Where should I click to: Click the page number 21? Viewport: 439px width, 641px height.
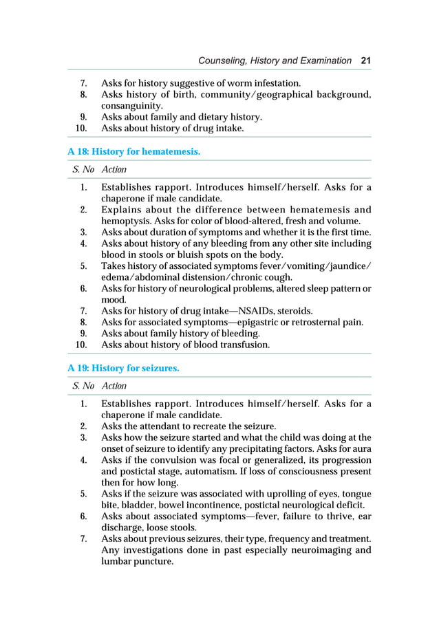pos(365,61)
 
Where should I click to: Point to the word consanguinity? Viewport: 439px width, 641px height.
pos(131,106)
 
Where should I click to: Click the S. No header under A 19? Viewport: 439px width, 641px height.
pos(83,387)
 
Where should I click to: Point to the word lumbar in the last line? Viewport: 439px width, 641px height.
pos(118,561)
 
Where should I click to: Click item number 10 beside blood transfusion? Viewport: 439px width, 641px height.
pos(81,345)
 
